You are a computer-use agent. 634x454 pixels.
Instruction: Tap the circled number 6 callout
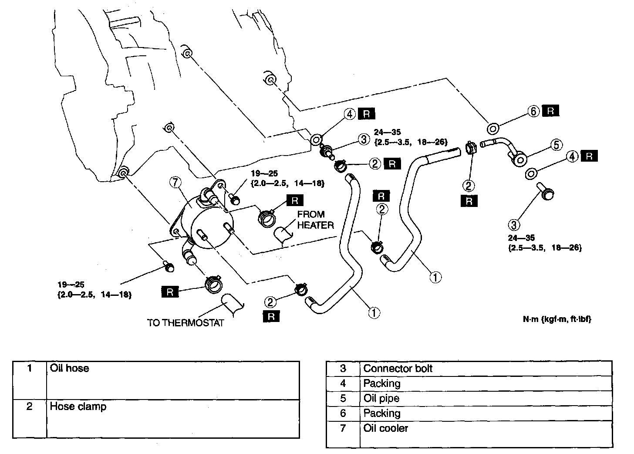tap(534, 112)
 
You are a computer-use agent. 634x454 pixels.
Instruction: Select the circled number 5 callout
tap(557, 145)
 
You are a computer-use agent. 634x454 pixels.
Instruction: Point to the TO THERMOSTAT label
tap(185, 323)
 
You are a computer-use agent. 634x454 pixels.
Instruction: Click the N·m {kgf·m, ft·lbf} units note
tap(557, 319)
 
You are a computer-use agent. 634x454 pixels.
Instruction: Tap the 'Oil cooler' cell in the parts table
tap(386, 428)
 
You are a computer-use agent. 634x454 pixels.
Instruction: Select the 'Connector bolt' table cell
tap(398, 369)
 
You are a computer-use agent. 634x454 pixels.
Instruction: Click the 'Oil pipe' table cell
tap(381, 398)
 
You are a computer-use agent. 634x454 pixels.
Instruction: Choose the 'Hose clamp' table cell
tap(78, 407)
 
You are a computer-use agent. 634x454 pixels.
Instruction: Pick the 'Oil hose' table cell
tap(69, 368)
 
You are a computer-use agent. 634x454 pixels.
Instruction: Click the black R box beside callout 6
tap(551, 111)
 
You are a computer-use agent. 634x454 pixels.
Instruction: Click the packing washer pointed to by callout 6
tap(493, 128)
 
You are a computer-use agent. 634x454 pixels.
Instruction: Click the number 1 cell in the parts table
tap(30, 368)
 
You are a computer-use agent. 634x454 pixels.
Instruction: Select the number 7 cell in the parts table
tap(343, 428)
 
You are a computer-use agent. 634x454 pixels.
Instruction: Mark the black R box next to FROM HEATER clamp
tap(295, 200)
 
